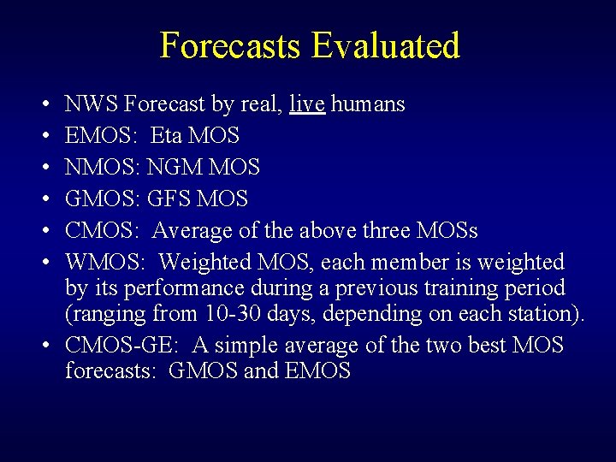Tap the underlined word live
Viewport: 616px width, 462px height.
click(x=307, y=104)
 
